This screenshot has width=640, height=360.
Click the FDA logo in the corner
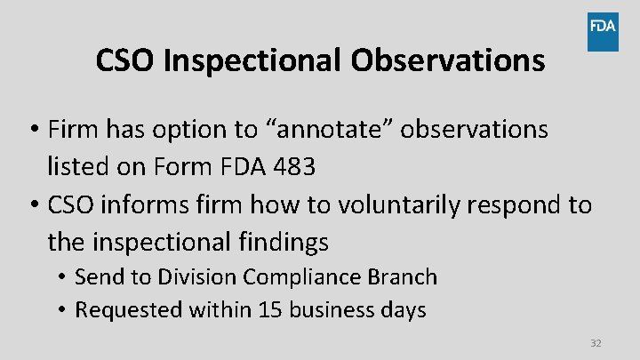click(x=603, y=31)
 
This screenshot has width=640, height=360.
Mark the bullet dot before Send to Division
click(x=65, y=277)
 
